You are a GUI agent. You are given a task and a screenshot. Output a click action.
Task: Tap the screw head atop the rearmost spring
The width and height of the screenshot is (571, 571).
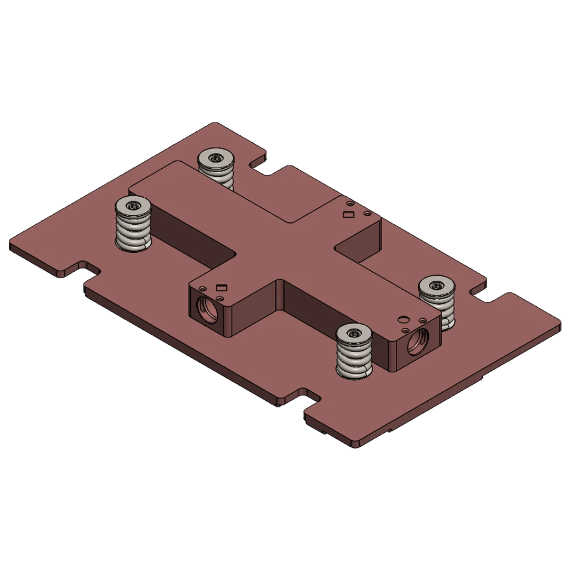coord(216,158)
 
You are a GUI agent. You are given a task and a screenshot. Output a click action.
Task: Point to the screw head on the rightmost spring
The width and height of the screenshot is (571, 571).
coord(437,285)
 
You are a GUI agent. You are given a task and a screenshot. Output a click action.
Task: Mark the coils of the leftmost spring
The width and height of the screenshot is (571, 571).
coord(134,233)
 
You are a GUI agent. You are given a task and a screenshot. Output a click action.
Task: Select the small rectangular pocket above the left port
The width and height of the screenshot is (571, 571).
coord(222,287)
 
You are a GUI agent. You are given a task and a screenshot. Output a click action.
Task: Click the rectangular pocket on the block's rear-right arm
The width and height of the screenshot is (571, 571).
coord(348,214)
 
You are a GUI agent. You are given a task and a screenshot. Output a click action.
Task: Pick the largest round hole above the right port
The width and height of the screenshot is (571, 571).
coord(403,318)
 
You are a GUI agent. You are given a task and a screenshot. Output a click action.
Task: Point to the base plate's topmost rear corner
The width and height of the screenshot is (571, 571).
coord(211,124)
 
